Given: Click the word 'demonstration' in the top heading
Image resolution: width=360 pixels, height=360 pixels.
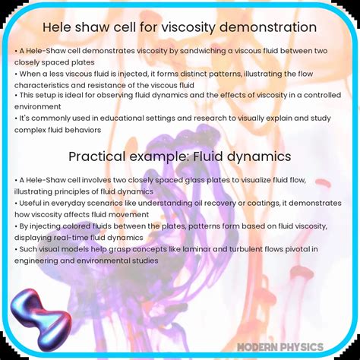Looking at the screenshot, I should tap(267, 27).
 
